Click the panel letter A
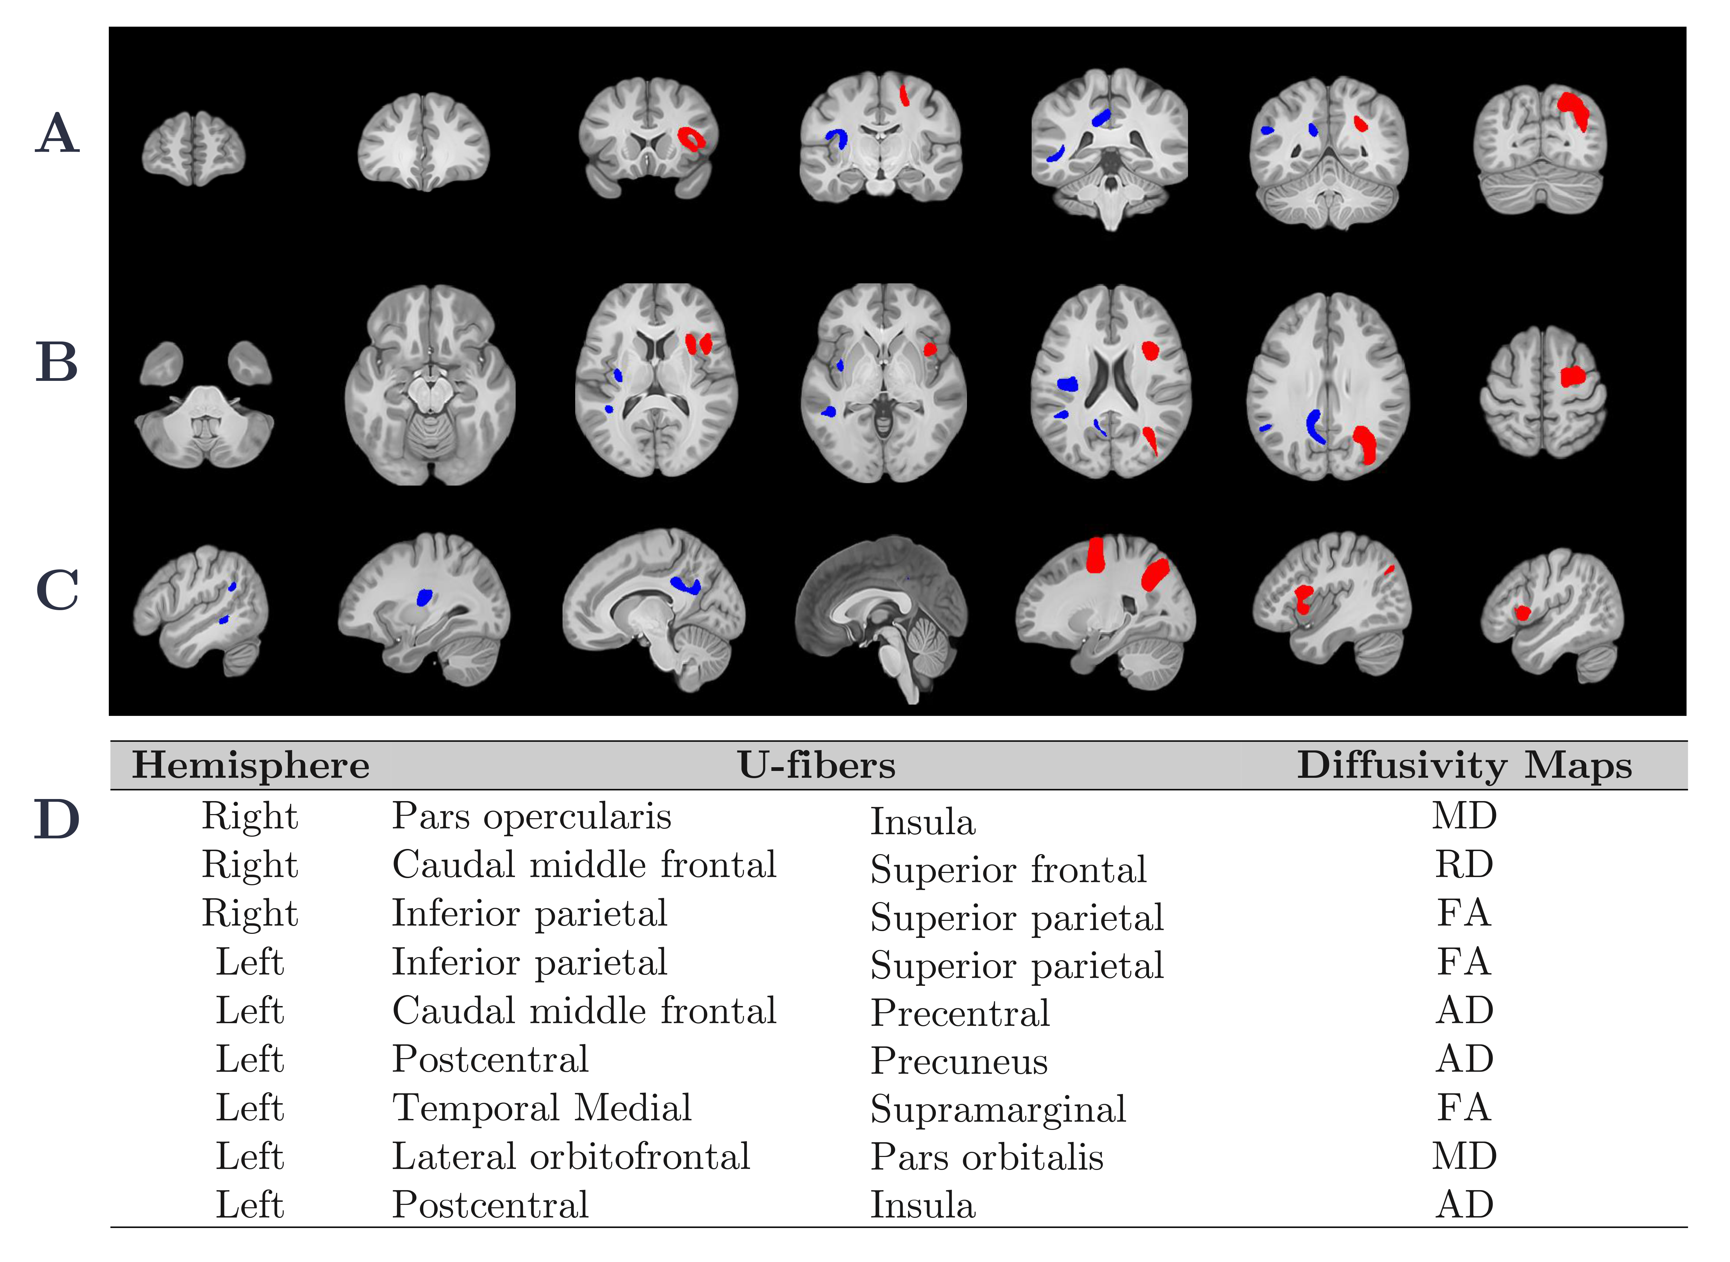pos(57,134)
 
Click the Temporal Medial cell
pos(542,1108)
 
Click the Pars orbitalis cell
pos(987,1157)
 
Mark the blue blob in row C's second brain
pos(424,597)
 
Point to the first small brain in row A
pos(193,149)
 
